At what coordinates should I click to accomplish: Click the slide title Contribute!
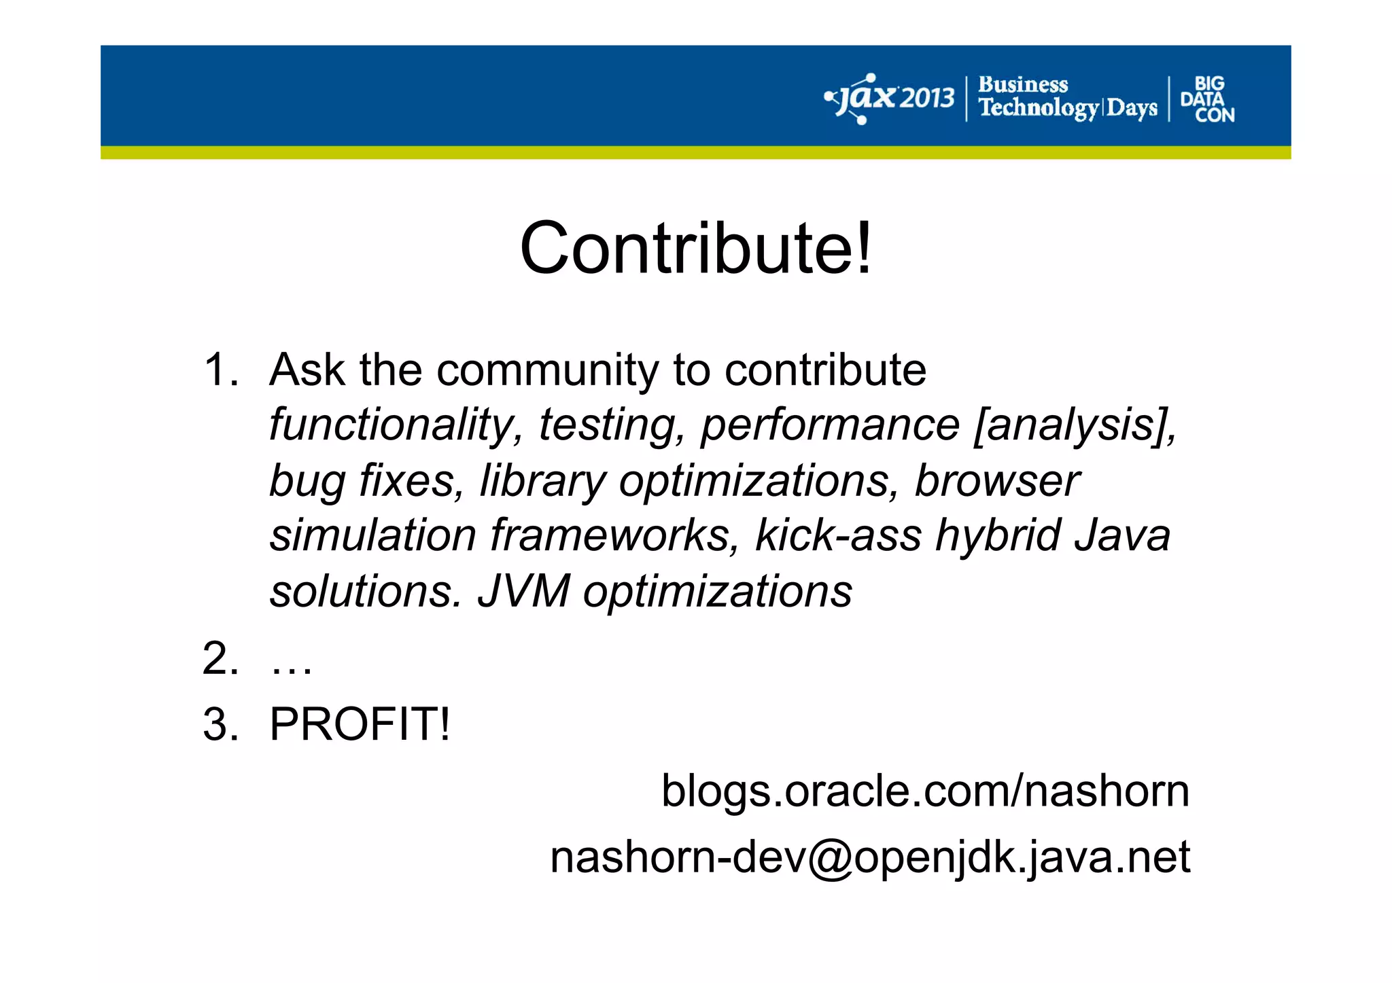tap(695, 248)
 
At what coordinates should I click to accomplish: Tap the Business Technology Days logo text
tap(1067, 97)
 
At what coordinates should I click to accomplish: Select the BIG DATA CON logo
tap(1208, 99)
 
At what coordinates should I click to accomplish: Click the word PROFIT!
tap(360, 724)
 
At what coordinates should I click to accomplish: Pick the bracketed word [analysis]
tap(1074, 426)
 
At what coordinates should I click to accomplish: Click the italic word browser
tap(996, 481)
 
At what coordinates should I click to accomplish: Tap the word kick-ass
tap(838, 535)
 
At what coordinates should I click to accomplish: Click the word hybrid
tap(997, 535)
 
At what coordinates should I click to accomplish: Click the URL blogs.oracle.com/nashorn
tap(925, 791)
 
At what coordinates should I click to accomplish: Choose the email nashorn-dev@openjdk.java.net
tap(869, 857)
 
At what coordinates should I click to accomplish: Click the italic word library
tap(542, 481)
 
